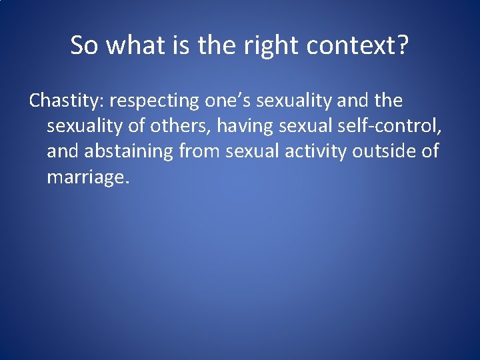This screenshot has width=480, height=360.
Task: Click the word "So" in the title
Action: click(x=85, y=45)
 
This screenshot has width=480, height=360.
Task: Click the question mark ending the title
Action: click(x=403, y=45)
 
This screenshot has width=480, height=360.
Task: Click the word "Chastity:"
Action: click(x=67, y=101)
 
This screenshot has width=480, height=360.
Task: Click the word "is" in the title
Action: click(x=183, y=45)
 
